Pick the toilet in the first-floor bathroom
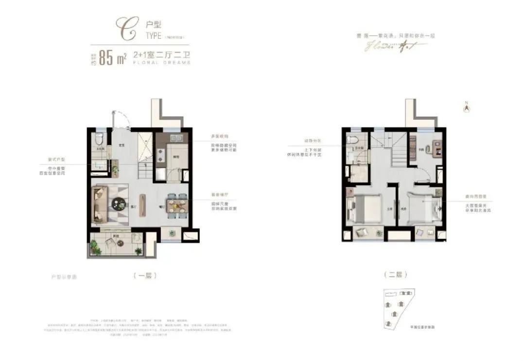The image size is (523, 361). click(99, 137)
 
